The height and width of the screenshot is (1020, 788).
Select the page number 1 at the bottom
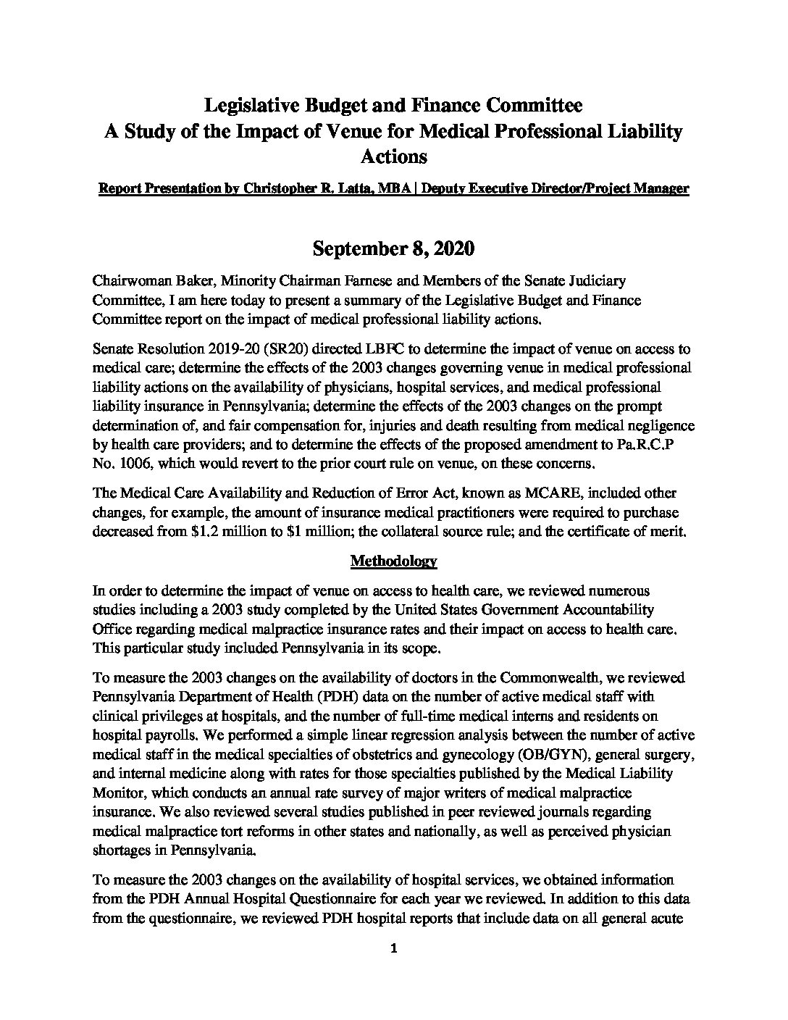(x=393, y=950)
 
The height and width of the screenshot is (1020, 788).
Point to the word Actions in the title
(x=393, y=156)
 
